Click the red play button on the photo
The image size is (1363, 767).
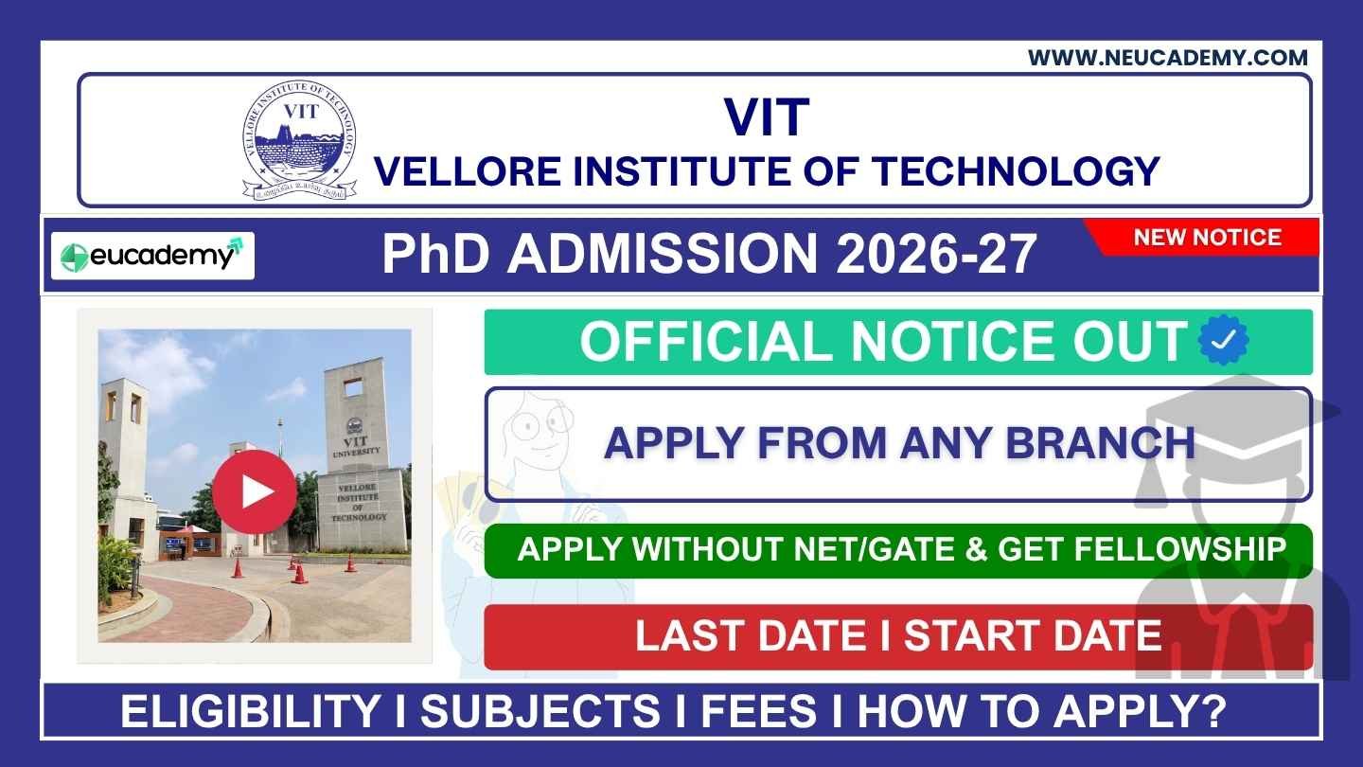(254, 491)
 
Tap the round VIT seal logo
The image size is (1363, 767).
(299, 140)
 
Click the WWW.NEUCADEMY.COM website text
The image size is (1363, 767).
(1168, 58)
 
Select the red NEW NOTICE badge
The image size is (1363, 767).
(1207, 237)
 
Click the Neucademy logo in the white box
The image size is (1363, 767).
(151, 256)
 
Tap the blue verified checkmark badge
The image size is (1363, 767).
(1223, 341)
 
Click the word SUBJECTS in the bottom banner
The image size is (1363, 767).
(540, 712)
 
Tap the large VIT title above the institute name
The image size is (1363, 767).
(767, 116)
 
